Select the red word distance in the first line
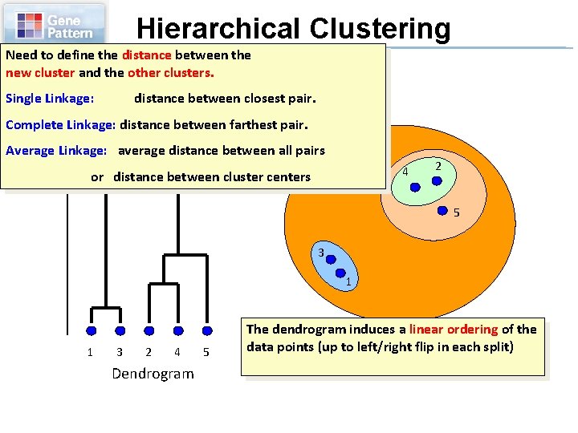[147, 55]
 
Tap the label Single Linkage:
[50, 99]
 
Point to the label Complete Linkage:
[61, 124]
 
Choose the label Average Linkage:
[56, 150]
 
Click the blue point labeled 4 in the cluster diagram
[415, 186]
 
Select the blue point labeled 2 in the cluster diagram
[437, 180]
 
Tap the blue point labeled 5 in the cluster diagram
[442, 212]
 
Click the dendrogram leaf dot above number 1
[91, 330]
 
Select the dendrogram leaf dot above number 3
[120, 330]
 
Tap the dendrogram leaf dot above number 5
[206, 330]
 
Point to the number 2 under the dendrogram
[148, 352]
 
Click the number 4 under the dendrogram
[177, 352]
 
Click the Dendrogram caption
[153, 374]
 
